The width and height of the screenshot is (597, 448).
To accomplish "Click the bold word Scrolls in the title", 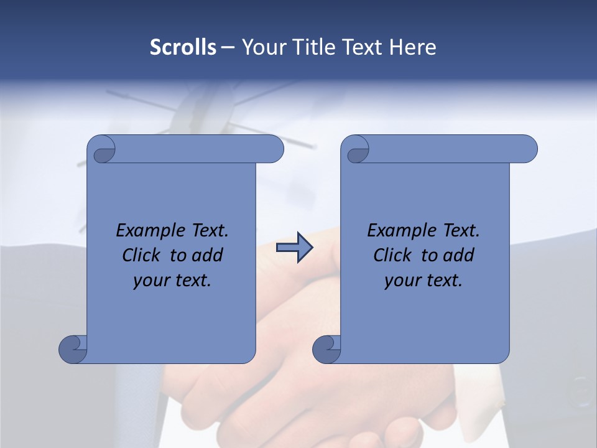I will point(183,47).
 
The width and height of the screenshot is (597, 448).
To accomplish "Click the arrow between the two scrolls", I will point(294,248).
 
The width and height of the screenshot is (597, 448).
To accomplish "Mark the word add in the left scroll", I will point(208,256).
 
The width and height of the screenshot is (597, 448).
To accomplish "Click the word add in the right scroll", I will point(459,256).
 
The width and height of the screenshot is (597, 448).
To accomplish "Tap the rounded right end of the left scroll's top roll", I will point(274,149).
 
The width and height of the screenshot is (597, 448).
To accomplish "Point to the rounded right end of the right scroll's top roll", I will point(527,149).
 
